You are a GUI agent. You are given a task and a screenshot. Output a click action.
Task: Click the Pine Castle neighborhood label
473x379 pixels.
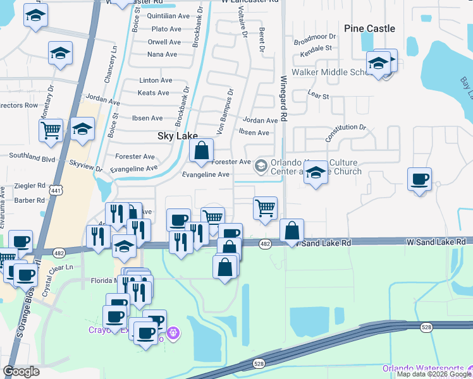pyautogui.click(x=369, y=28)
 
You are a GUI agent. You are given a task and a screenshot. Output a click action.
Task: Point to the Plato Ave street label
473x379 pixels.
pyautogui.click(x=167, y=29)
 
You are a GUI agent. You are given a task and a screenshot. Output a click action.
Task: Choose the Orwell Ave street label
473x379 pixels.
pyautogui.click(x=164, y=42)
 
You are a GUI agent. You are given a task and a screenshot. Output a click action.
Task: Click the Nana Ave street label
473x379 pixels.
pyautogui.click(x=162, y=55)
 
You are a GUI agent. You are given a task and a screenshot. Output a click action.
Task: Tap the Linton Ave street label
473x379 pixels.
pyautogui.click(x=156, y=81)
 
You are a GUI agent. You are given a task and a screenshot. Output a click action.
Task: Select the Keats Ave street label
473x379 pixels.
pyautogui.click(x=154, y=93)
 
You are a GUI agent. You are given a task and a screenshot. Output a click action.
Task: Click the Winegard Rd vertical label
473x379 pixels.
pyautogui.click(x=284, y=98)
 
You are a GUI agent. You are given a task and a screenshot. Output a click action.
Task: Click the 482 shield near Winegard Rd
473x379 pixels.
pyautogui.click(x=266, y=244)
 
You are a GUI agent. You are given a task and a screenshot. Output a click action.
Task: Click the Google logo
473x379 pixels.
pyautogui.click(x=21, y=371)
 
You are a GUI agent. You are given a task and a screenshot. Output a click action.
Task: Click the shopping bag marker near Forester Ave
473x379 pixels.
pyautogui.click(x=201, y=152)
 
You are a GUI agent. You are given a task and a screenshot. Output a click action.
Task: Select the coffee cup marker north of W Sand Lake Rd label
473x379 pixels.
pyautogui.click(x=419, y=179)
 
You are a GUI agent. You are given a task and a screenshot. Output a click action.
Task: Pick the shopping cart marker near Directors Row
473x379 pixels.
pyautogui.click(x=51, y=131)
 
